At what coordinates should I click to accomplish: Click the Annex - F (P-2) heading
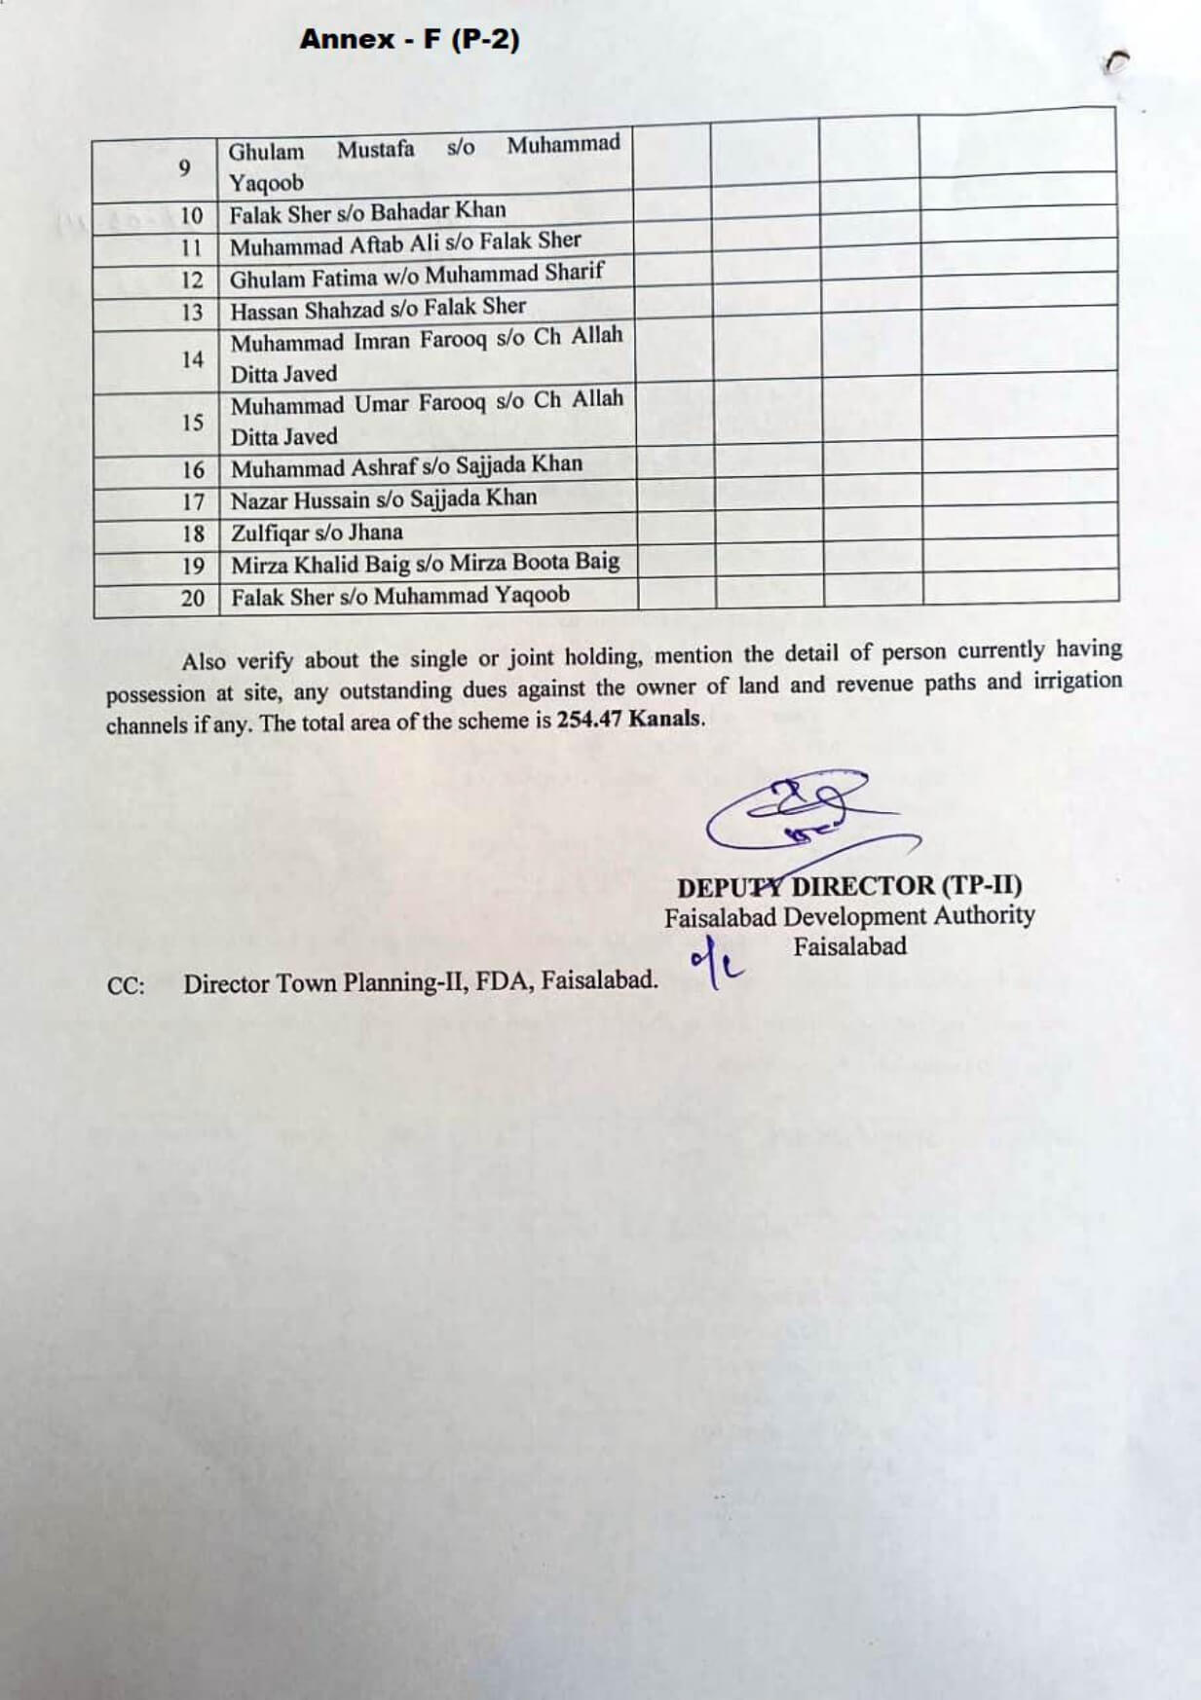(409, 40)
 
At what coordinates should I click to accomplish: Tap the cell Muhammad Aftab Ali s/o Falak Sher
(405, 243)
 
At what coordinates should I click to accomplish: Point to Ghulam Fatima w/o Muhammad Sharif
(417, 276)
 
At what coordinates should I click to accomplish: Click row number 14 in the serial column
(192, 360)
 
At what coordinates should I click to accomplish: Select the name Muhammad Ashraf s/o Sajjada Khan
(406, 466)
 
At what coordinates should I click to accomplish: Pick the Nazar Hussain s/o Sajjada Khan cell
(384, 499)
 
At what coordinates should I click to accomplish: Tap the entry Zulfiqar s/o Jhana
(317, 533)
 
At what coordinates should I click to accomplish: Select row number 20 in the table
(192, 598)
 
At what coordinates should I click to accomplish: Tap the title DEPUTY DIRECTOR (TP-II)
(849, 886)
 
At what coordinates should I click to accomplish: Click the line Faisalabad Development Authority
(849, 916)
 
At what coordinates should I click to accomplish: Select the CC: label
(127, 985)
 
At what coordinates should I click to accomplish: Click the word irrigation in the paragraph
(1077, 681)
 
